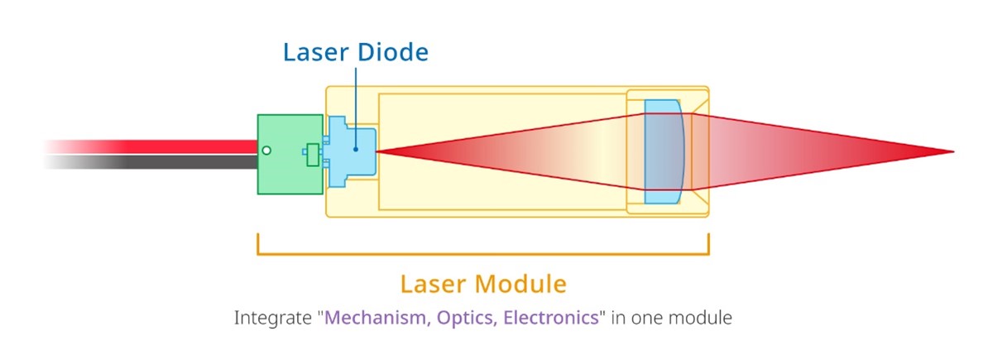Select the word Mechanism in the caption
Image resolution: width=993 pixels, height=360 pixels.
374,318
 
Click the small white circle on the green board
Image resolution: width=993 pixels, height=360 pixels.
266,151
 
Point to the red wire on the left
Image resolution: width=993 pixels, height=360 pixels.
165,146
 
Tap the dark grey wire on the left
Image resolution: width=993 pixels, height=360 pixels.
165,162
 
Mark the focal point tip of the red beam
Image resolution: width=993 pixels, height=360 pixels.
952,151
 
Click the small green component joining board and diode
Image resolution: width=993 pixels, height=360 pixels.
312,154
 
